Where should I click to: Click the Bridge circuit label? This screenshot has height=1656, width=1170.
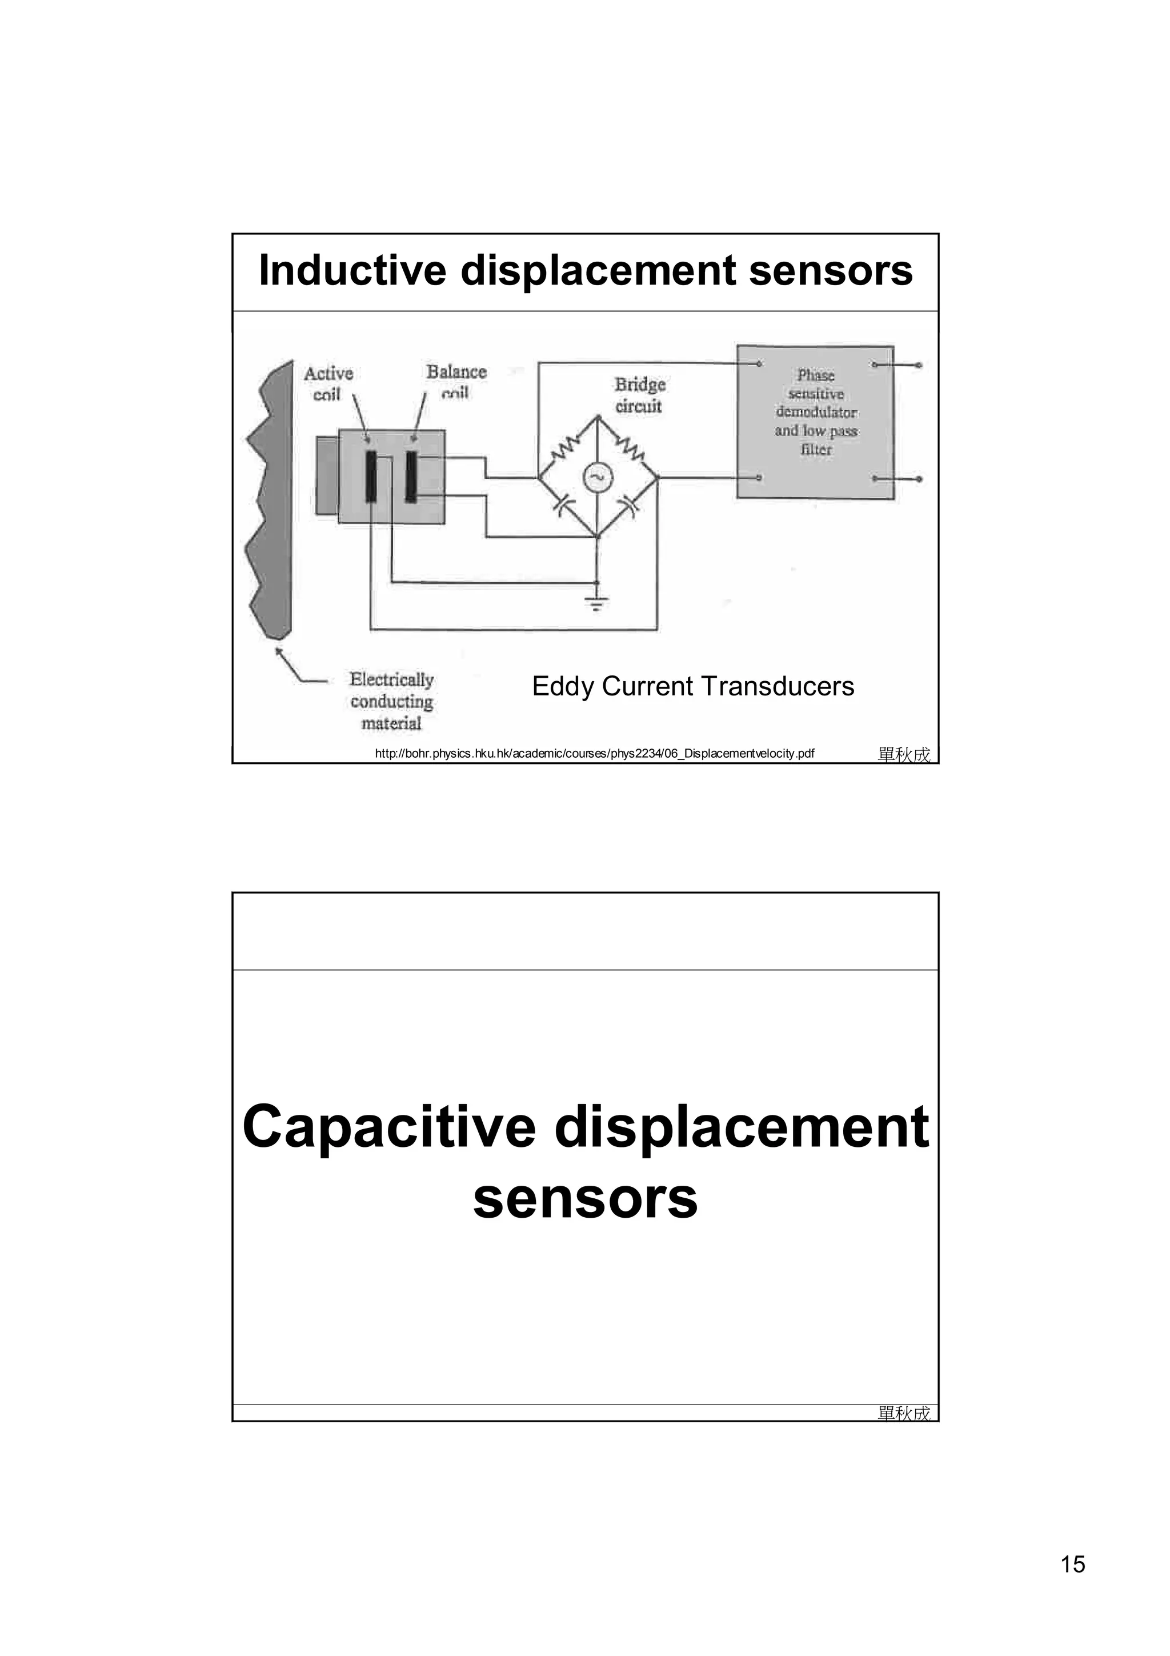639,395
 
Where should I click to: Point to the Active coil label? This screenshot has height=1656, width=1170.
328,383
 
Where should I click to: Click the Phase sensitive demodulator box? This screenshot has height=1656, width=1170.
815,422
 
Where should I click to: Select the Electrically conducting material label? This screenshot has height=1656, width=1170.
391,701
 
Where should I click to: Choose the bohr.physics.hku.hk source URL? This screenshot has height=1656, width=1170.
595,754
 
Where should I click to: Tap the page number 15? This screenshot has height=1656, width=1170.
1073,1563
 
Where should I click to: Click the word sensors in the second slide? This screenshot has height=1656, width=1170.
584,1198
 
